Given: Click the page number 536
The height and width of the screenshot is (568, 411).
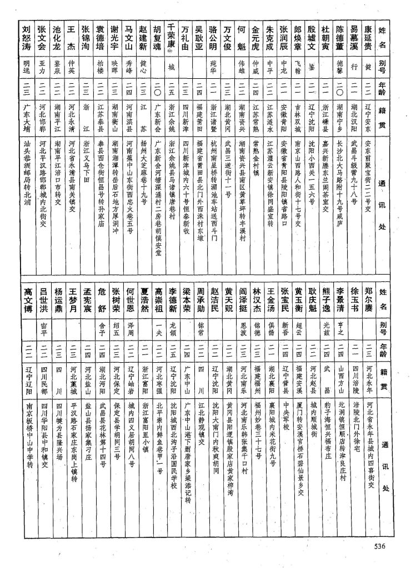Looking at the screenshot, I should pos(379,546).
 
